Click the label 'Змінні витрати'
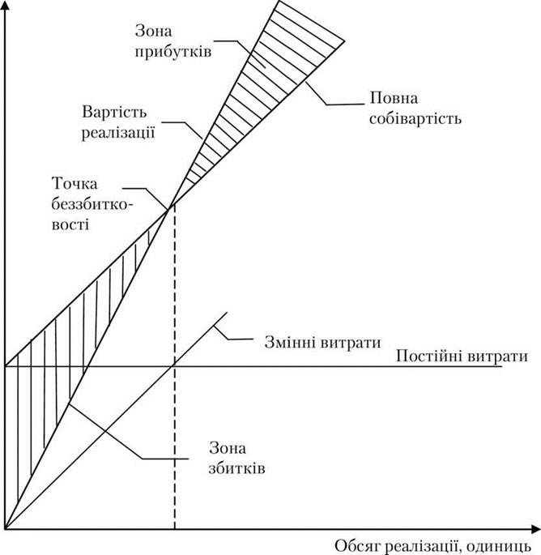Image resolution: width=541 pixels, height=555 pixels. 322,342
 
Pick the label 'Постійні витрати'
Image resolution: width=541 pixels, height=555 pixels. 462,356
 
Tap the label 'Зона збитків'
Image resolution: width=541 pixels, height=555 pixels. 236,459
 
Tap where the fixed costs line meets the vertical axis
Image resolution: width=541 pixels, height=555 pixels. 5,366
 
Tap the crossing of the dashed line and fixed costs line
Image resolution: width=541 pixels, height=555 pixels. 174,366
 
